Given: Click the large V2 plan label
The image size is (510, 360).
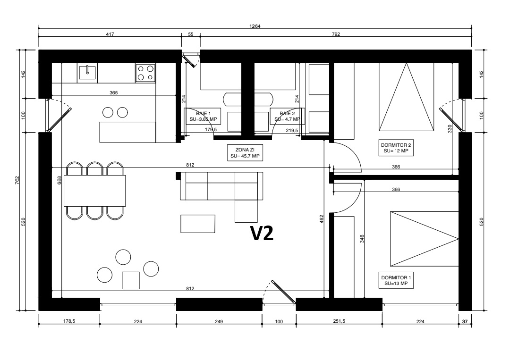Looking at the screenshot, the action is pyautogui.click(x=262, y=233).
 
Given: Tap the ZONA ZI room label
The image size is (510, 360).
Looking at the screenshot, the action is pyautogui.click(x=245, y=153).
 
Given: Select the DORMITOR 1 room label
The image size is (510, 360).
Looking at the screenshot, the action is pyautogui.click(x=396, y=280).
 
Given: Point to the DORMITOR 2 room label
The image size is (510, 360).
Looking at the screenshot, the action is pyautogui.click(x=396, y=148).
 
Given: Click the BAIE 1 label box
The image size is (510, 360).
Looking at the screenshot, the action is pyautogui.click(x=203, y=117).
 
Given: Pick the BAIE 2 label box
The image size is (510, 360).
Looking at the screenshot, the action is pyautogui.click(x=287, y=117).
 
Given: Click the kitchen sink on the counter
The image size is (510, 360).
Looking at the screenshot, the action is pyautogui.click(x=87, y=73).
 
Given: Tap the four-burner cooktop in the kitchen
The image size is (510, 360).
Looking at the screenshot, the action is pyautogui.click(x=145, y=73).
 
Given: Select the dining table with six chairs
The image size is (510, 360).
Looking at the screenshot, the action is pyautogui.click(x=94, y=191).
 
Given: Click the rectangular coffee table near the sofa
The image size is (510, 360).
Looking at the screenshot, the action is pyautogui.click(x=198, y=224).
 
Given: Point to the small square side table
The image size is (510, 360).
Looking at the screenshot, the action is pyautogui.click(x=131, y=280).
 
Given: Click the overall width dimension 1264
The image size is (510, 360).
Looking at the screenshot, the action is pyautogui.click(x=255, y=26).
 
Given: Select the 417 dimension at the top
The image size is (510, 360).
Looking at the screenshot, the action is pyautogui.click(x=110, y=34).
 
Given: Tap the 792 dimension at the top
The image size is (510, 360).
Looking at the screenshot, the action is pyautogui.click(x=336, y=34).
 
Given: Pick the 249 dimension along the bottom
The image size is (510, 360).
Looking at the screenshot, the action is pyautogui.click(x=219, y=321).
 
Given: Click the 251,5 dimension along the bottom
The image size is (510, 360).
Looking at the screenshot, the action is pyautogui.click(x=339, y=321).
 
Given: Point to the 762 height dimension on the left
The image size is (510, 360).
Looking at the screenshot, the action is pyautogui.click(x=17, y=180).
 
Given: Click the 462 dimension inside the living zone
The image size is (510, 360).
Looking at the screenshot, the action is pyautogui.click(x=322, y=219).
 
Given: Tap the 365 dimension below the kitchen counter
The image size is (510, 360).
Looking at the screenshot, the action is pyautogui.click(x=113, y=92).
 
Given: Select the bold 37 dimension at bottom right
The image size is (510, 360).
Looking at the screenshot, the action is pyautogui.click(x=465, y=321).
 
